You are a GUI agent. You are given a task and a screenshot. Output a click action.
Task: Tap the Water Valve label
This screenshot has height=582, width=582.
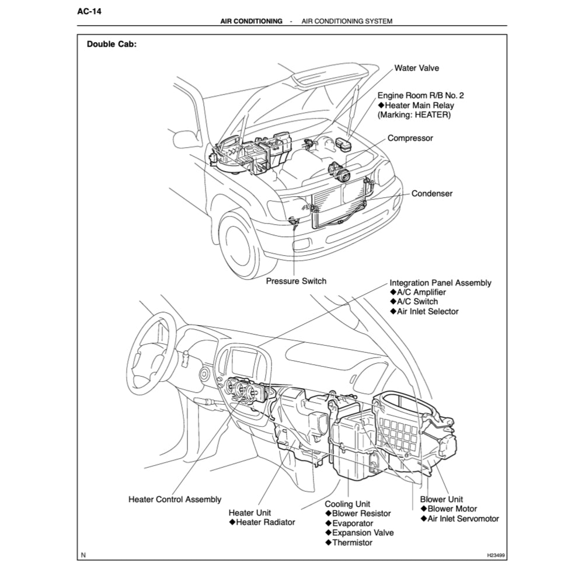tap(416, 68)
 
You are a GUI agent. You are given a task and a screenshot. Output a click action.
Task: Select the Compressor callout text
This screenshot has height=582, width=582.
tap(410, 138)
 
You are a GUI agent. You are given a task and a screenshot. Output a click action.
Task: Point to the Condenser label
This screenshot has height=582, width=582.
tap(432, 193)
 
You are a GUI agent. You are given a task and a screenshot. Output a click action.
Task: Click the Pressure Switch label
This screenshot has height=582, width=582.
tap(296, 281)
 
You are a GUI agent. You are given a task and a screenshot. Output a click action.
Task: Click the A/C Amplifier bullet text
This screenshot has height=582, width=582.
tap(421, 292)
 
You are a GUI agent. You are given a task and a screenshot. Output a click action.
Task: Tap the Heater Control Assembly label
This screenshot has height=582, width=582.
tap(175, 499)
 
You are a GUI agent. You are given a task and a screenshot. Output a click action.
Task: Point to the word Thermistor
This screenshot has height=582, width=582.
tap(352, 542)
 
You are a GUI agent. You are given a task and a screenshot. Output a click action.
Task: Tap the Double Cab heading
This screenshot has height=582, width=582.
tap(111, 44)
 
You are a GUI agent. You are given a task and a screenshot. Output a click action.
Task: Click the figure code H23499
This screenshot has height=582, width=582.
tap(491, 555)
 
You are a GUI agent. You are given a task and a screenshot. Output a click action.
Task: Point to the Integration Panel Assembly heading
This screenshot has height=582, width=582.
tap(440, 283)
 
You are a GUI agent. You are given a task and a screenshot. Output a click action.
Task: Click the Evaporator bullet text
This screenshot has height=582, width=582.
tap(352, 523)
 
